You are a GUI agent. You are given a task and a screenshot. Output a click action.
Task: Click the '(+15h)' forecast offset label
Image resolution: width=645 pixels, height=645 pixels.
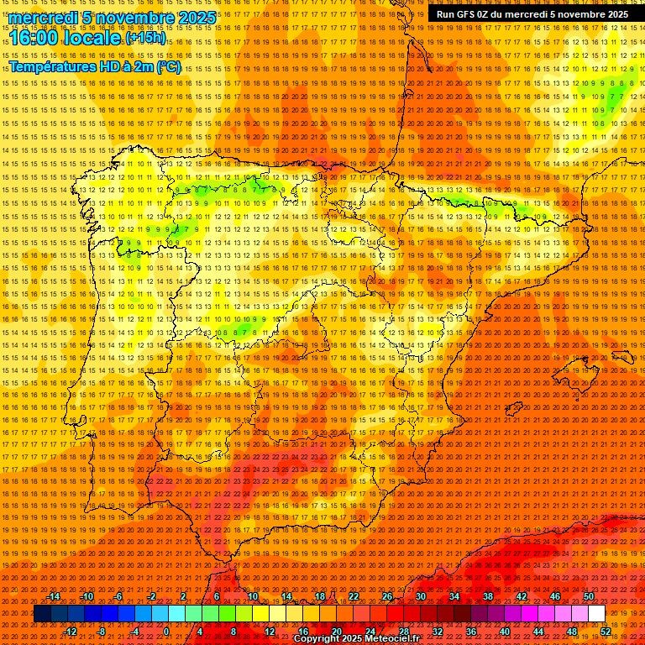(146, 38)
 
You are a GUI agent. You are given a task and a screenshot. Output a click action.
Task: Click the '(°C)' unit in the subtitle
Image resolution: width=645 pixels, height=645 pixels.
(168, 66)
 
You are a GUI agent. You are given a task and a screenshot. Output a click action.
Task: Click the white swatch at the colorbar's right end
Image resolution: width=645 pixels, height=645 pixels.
(596, 614)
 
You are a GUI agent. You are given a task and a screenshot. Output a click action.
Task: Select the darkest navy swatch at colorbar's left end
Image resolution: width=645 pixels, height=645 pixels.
(42, 614)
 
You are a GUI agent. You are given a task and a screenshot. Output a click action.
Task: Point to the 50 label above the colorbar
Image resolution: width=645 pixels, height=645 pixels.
(588, 596)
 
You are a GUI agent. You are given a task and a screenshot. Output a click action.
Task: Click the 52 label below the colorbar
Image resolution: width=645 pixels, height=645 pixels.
(606, 632)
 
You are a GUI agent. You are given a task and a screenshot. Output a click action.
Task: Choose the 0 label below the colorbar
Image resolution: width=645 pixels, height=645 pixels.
(167, 632)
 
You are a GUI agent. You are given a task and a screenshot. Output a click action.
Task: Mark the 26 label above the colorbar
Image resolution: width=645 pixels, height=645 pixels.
(387, 596)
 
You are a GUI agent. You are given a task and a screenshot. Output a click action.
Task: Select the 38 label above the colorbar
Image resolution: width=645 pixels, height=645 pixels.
(487, 596)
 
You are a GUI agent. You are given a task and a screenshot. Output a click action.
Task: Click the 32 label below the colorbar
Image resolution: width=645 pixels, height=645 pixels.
(437, 632)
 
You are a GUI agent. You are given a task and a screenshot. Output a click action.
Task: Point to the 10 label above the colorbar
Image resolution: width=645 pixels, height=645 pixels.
(252, 596)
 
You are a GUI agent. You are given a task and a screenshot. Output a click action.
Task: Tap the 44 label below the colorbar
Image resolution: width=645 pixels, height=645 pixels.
(537, 632)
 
